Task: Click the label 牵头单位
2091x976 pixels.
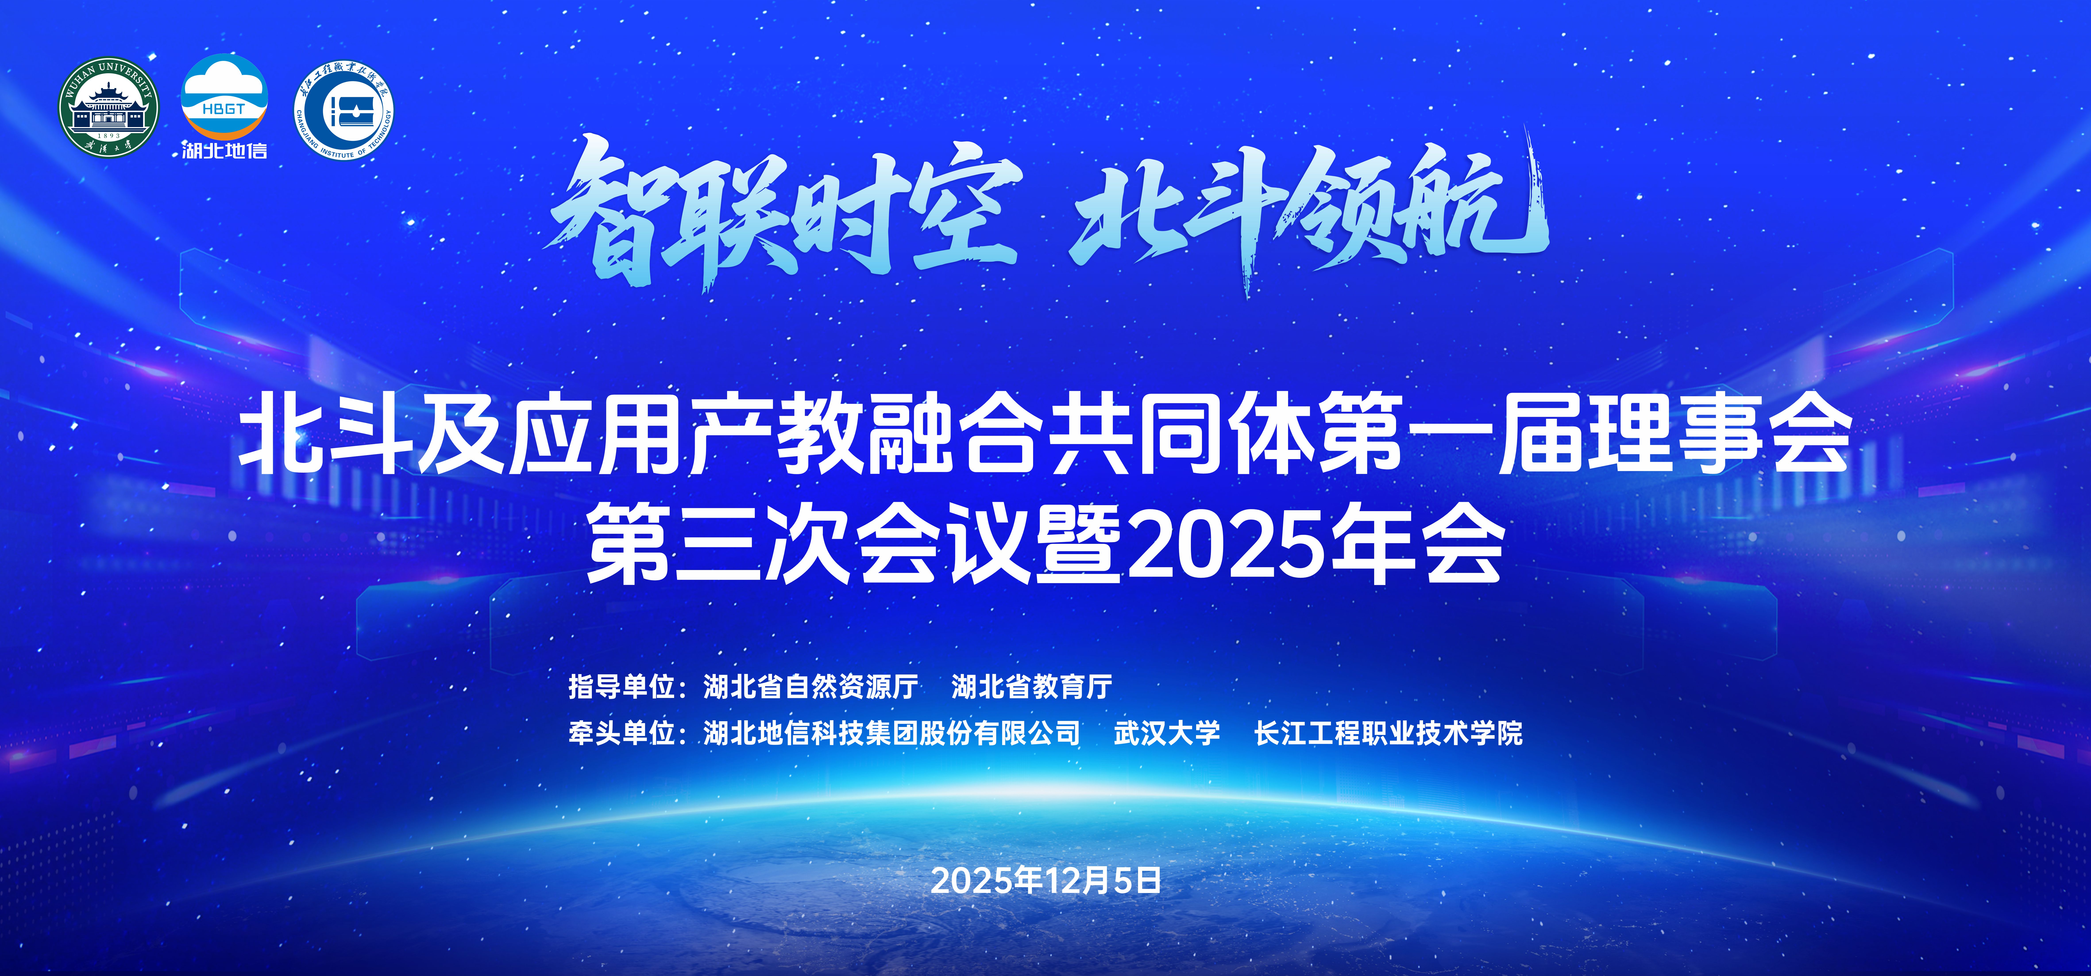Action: click(622, 733)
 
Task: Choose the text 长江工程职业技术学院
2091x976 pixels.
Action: click(1388, 733)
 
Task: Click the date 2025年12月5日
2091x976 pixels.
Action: click(1045, 880)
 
